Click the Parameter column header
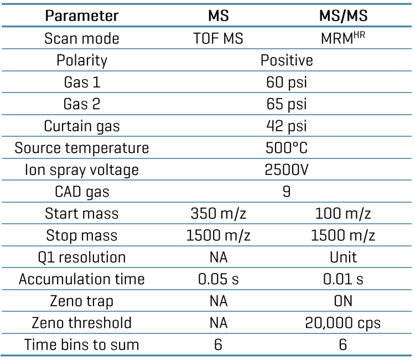coord(81,16)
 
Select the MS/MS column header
coord(343,16)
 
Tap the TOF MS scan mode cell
coord(218,39)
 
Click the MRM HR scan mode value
coord(343,38)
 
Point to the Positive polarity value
coord(287,60)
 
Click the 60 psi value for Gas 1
coord(287,83)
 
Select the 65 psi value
coord(287,104)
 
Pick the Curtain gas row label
coord(81,126)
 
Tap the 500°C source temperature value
coord(287,148)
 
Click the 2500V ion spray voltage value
coord(287,169)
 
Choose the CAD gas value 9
coord(287,192)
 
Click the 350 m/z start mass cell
coord(218,213)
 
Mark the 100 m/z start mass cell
coord(343,213)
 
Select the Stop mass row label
coord(81,235)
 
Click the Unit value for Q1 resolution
coord(343,257)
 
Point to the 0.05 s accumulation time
coord(218,279)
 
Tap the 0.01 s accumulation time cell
coord(343,279)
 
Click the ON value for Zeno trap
coord(343,301)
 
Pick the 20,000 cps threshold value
coord(343,323)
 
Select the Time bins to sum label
coord(81,344)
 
